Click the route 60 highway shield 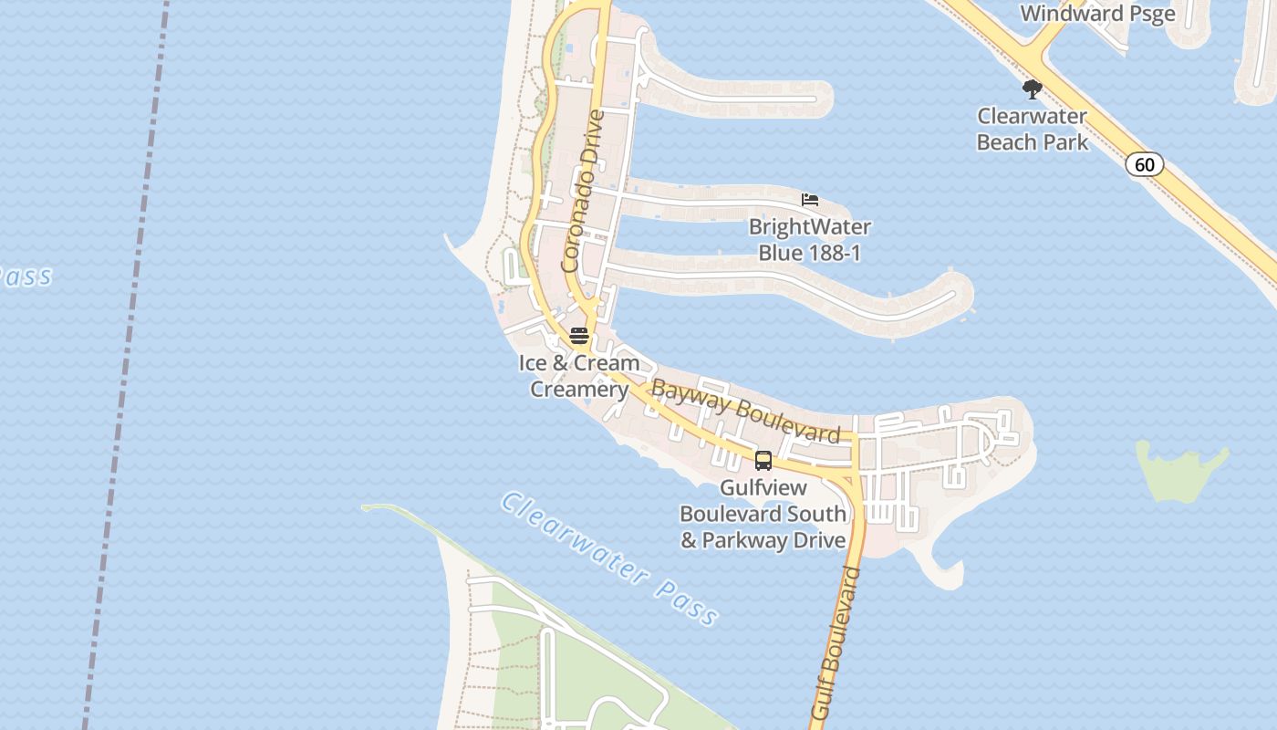[1144, 165]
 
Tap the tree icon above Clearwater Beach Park [1032, 89]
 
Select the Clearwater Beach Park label [1032, 130]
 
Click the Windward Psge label [1097, 14]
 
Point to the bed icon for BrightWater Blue [810, 200]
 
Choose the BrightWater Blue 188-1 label [809, 239]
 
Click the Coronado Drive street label [584, 192]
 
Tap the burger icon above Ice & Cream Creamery [579, 336]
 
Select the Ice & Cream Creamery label [579, 376]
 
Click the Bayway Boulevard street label [745, 413]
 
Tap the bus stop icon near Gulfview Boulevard [763, 461]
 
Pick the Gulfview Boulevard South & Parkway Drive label [763, 514]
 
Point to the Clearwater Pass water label [609, 558]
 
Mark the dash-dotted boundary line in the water [128, 365]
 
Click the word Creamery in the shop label [579, 390]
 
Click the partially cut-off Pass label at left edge [25, 276]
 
